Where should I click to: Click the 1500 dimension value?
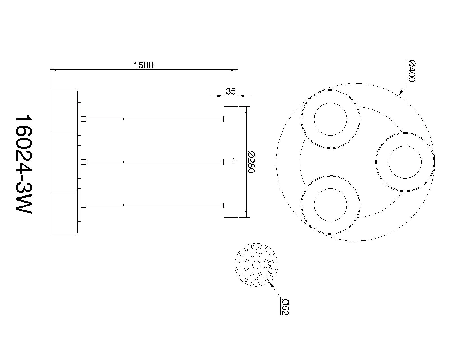tap(143, 65)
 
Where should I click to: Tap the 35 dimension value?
tap(231, 91)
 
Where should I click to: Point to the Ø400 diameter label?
tap(411, 71)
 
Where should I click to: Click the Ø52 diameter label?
tap(285, 307)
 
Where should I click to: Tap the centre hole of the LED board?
tap(256, 265)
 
